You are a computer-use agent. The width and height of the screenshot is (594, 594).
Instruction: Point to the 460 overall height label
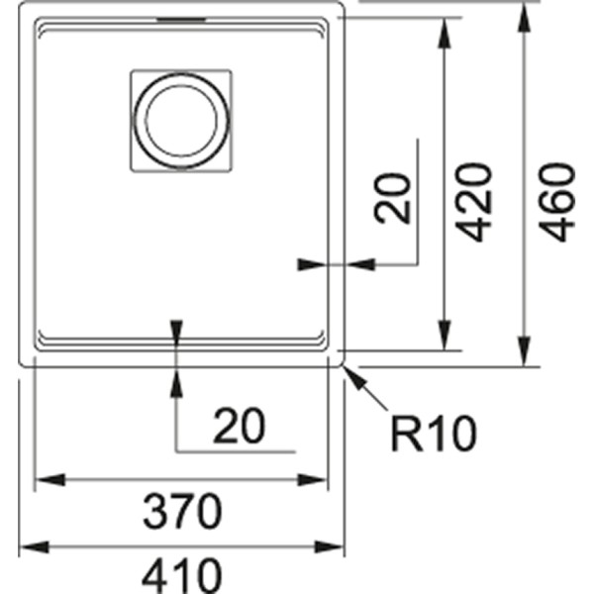(x=559, y=203)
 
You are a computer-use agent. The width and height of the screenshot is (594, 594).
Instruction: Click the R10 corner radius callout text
(x=433, y=433)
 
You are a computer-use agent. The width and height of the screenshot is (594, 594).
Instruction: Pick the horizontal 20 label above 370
(x=239, y=426)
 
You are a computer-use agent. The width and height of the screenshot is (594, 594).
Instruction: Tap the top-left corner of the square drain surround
(x=131, y=71)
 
